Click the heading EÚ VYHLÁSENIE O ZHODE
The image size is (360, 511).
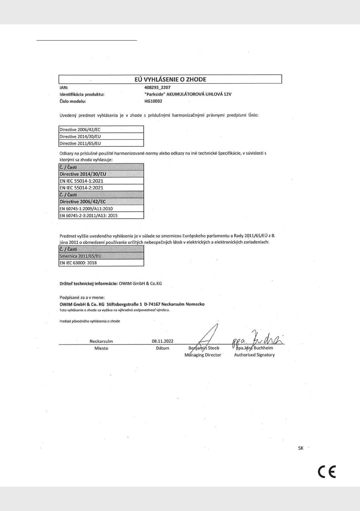pos(170,80)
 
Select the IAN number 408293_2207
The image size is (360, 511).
pos(157,87)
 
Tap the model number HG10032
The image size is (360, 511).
pos(153,101)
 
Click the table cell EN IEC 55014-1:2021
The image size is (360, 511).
pos(81,181)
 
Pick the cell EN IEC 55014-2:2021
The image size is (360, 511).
pos(81,188)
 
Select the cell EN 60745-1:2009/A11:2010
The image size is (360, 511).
pos(86,208)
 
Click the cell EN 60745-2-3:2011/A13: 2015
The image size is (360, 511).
pos(88,215)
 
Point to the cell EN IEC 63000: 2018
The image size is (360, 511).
pos(78,263)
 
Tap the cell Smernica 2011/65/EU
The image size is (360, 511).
pos(80,256)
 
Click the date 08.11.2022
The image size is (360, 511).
pos(163,341)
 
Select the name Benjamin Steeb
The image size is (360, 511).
pos(204,348)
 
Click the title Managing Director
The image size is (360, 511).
pos(203,355)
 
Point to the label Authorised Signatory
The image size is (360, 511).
pos(254,355)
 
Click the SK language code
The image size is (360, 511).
pos(301,448)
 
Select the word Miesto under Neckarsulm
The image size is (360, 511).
pos(101,348)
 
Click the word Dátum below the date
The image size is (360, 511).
pos(163,348)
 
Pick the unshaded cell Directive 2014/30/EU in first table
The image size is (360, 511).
pos(80,136)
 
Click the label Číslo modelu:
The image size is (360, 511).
pos(73,101)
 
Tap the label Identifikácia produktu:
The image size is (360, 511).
pos(82,94)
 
